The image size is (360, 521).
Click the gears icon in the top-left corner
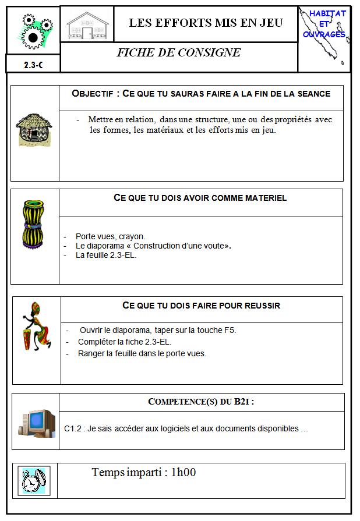(33, 31)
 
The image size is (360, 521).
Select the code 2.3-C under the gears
(33, 65)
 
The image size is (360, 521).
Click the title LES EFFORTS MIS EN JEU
(206, 23)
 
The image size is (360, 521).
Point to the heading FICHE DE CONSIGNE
(178, 52)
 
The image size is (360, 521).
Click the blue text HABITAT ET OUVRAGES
(325, 24)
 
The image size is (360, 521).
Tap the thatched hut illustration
(34, 129)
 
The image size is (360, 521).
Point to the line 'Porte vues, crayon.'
(110, 236)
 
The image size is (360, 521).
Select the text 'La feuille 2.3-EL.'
(105, 255)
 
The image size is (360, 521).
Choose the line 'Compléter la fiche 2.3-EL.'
(125, 342)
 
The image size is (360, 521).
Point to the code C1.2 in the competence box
(72, 429)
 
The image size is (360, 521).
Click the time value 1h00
(183, 473)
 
